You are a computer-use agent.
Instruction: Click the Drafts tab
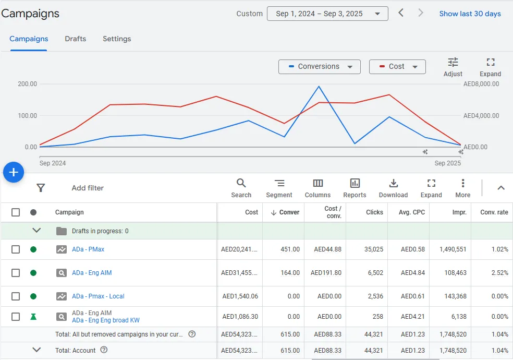point(75,39)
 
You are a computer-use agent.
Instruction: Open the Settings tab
point(117,39)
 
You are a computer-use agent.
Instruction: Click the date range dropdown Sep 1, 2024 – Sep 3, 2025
point(327,14)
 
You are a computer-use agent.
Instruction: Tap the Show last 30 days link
point(470,14)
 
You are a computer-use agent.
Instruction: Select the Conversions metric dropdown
point(319,67)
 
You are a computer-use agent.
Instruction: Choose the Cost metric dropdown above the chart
point(397,67)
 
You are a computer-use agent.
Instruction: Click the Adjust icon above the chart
point(453,62)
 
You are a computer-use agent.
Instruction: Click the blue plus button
point(14,172)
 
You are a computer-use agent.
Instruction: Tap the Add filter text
point(88,188)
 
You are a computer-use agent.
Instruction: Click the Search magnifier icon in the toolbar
point(241,183)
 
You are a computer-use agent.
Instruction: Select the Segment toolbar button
point(279,183)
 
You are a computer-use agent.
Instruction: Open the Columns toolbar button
point(318,183)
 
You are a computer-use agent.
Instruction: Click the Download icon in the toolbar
point(394,183)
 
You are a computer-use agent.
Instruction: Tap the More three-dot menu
point(463,183)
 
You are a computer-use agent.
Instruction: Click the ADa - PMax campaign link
point(88,249)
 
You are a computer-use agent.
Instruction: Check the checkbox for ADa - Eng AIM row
point(16,273)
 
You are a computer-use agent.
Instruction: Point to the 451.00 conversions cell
point(290,249)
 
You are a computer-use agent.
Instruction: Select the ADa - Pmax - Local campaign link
point(98,296)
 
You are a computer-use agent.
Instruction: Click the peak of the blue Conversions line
point(319,87)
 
